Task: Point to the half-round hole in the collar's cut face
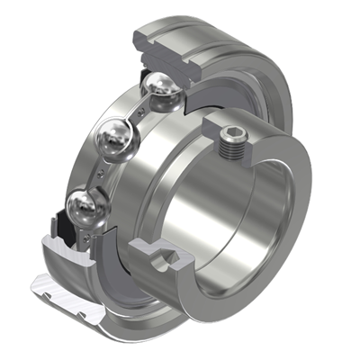[165, 263]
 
